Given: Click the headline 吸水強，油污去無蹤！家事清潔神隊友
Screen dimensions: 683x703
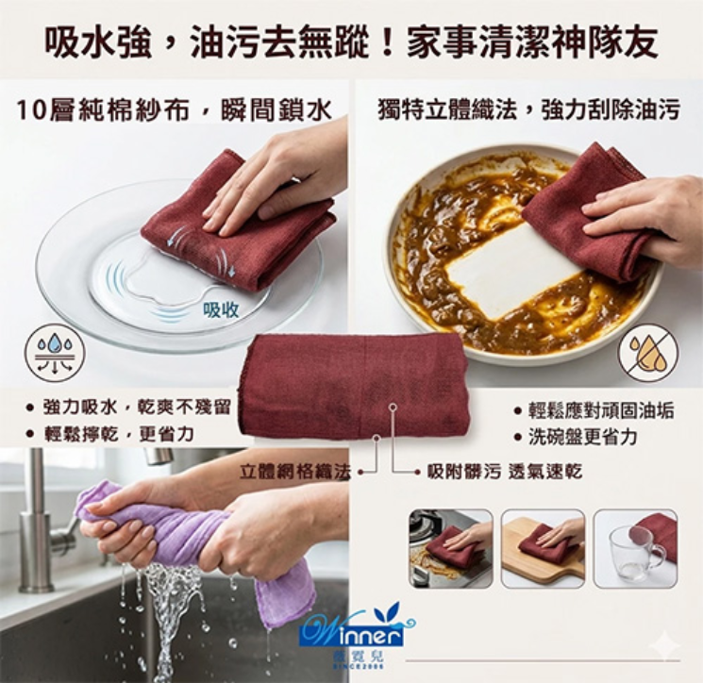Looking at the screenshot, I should point(351,42).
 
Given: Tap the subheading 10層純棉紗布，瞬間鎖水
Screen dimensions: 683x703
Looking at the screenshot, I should point(175,110).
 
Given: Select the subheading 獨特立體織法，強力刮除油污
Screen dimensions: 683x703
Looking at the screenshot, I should point(527,110).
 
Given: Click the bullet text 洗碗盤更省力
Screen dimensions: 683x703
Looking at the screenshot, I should point(581,437).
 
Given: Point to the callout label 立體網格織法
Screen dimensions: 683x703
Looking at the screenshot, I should point(294,469).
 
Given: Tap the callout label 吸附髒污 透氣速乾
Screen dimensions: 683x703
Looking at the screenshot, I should point(504,469).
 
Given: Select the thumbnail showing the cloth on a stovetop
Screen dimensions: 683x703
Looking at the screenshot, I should point(450,548).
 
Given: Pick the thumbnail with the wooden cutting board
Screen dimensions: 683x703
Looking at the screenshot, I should point(543,548).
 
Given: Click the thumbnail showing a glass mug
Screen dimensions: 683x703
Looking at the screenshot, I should point(635,548).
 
